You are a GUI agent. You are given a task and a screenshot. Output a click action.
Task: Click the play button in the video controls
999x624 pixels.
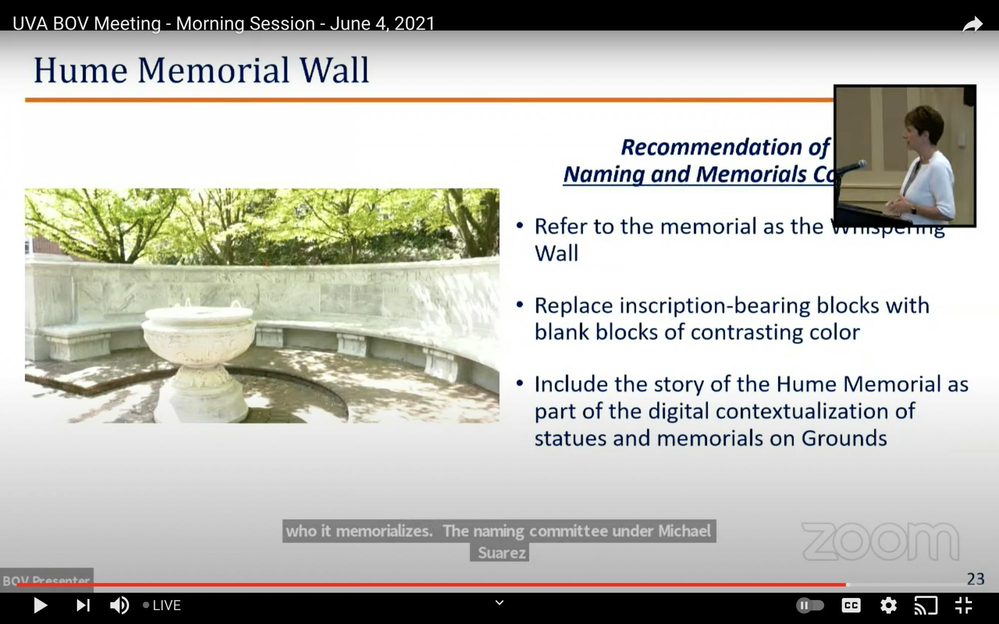(x=40, y=606)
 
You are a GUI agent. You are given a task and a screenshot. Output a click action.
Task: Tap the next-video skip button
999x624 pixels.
(x=83, y=606)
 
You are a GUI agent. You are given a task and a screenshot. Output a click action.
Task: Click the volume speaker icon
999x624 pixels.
(x=119, y=606)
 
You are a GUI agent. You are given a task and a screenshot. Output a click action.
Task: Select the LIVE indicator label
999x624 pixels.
(x=166, y=606)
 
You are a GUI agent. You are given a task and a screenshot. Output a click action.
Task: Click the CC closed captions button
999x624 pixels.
(x=851, y=606)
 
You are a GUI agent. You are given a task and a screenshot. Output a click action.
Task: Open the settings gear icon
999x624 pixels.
(x=888, y=606)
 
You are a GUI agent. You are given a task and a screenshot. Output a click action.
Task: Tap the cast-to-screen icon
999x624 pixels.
(x=926, y=606)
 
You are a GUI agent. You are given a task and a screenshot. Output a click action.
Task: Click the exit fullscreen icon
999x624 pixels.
(x=964, y=606)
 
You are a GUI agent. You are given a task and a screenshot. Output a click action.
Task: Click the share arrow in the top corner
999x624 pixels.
(x=972, y=24)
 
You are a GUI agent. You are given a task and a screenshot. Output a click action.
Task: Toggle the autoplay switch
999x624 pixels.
(x=810, y=606)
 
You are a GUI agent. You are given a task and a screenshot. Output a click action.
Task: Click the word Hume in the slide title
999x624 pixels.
(x=80, y=70)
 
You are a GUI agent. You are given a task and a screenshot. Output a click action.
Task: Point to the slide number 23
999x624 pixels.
(x=976, y=579)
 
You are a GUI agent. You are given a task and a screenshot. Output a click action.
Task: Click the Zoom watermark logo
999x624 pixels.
(x=880, y=542)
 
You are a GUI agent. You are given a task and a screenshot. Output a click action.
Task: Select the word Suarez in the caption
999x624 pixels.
(x=501, y=553)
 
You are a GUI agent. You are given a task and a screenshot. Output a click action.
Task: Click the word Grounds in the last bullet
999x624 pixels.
(x=844, y=439)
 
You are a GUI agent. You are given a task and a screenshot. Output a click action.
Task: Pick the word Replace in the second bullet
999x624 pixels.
(x=573, y=306)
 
